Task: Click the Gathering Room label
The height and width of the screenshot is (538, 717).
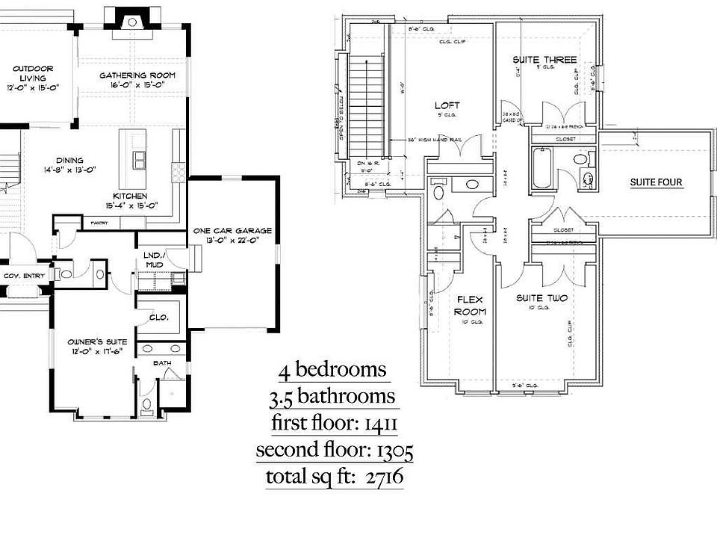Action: [x=137, y=75]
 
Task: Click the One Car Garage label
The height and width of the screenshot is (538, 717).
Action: [x=232, y=231]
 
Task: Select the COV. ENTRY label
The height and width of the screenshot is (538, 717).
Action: [x=24, y=276]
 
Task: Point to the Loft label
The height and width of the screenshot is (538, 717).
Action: [x=447, y=105]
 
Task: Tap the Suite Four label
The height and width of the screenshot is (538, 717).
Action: [x=656, y=182]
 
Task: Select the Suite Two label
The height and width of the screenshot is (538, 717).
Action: [x=541, y=298]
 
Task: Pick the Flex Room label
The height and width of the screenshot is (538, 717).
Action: [x=471, y=305]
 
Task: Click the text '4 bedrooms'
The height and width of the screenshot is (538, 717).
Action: [x=332, y=370]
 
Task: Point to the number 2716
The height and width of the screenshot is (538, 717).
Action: [x=382, y=476]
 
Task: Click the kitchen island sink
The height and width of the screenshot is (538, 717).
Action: [x=140, y=159]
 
